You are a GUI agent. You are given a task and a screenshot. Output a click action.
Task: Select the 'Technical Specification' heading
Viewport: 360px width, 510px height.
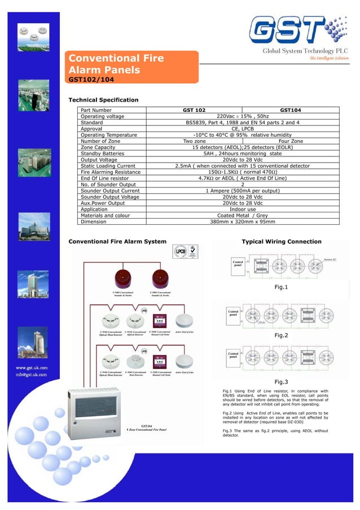point(103,100)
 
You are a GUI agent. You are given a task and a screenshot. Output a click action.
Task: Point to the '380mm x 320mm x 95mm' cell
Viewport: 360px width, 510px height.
point(243,222)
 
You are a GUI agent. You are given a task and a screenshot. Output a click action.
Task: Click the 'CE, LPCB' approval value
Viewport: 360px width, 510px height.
point(243,128)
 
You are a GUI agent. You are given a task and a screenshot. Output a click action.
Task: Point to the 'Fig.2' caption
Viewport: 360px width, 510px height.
point(281,335)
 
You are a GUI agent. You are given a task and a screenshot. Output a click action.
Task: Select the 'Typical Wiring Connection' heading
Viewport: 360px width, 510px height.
point(282,242)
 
